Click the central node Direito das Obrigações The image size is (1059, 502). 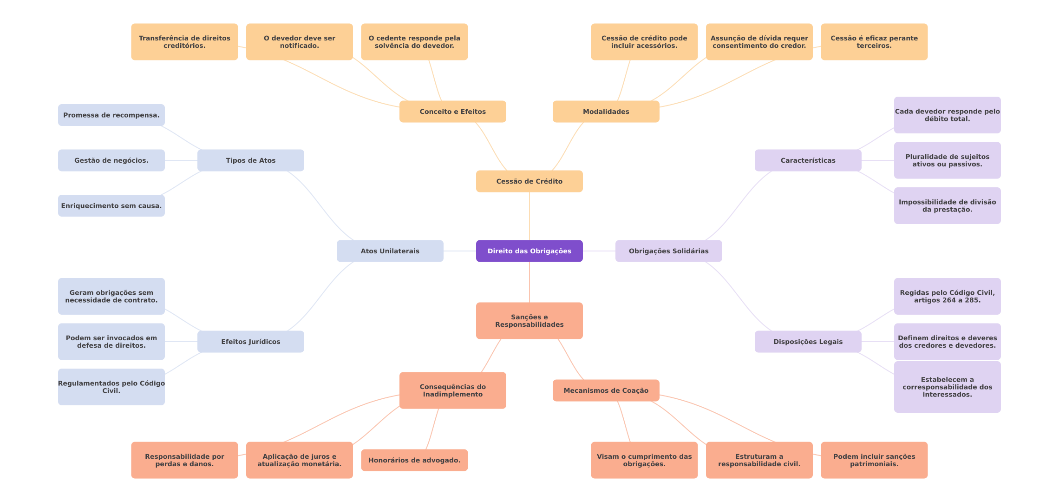coord(529,251)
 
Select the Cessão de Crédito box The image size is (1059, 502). coord(529,181)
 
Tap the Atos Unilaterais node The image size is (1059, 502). coord(390,251)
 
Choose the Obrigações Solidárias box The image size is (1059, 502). coord(668,251)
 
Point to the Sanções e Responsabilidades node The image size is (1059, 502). coord(529,321)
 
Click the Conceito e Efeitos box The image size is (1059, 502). coord(452,112)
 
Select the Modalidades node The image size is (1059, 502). coord(606,112)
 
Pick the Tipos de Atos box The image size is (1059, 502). coord(250,160)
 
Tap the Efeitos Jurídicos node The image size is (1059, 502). coord(250,342)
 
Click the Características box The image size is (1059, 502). coord(808,160)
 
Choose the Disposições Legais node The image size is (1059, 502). coord(808,342)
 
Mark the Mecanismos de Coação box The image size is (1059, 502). coord(606,390)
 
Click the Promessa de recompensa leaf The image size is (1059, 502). coord(111,115)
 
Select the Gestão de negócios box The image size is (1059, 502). coord(111,160)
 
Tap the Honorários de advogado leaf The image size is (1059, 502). coord(414,460)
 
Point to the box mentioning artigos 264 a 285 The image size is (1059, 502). coord(947,297)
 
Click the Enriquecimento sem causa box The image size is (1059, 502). coord(111,206)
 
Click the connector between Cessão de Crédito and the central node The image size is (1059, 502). coord(529,216)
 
